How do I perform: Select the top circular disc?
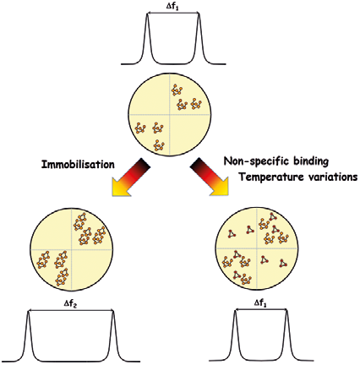click(169, 115)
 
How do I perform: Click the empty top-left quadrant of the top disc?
click(150, 97)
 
